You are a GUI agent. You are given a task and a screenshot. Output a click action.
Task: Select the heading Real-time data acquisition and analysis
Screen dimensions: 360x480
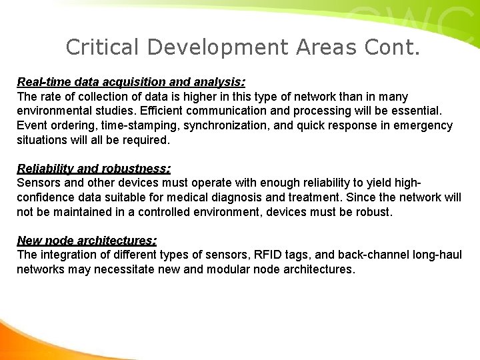(x=131, y=82)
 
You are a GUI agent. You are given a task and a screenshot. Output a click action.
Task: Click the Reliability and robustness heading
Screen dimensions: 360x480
(x=93, y=169)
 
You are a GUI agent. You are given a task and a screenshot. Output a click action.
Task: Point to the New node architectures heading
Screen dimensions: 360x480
(x=87, y=241)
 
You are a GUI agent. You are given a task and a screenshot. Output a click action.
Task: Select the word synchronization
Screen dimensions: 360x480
(x=207, y=125)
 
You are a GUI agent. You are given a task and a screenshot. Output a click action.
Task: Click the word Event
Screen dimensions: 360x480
(x=31, y=125)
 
